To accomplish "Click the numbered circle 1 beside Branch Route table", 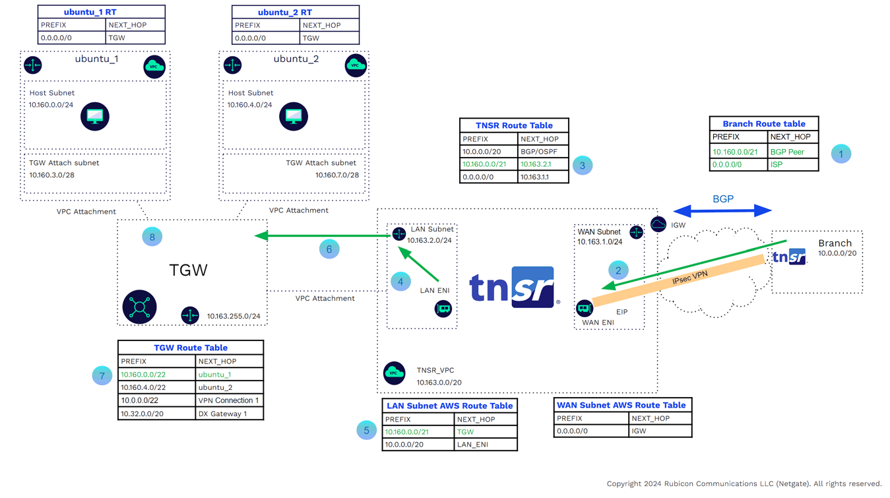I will [841, 154].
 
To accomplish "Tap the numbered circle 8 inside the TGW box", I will [152, 237].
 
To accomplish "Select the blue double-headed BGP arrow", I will [722, 211].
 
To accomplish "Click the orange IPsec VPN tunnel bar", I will [680, 280].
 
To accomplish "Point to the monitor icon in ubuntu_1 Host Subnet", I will [95, 117].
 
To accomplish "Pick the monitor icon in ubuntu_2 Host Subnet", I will [294, 117].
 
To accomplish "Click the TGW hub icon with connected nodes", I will [139, 307].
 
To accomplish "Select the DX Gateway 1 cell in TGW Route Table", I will [229, 414].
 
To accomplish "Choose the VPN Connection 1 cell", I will [229, 400].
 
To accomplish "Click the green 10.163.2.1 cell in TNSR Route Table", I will [542, 164].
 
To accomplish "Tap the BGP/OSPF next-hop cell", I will [542, 152].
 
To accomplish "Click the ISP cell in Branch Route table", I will [792, 164].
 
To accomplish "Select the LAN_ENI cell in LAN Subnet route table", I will [486, 445].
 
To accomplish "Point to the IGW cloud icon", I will [658, 225].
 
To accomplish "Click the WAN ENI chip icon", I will [584, 308].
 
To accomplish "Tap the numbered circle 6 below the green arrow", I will [329, 249].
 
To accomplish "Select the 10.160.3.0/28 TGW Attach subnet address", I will [51, 175].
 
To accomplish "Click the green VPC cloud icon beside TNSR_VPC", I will [395, 373].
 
